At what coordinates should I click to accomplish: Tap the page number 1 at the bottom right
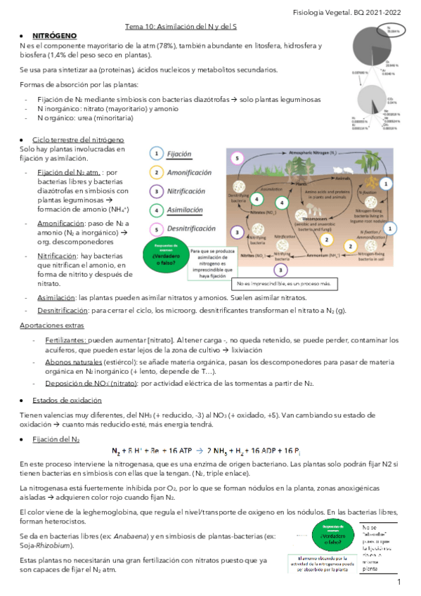click(399, 583)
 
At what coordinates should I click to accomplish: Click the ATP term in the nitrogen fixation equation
click(181, 451)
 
